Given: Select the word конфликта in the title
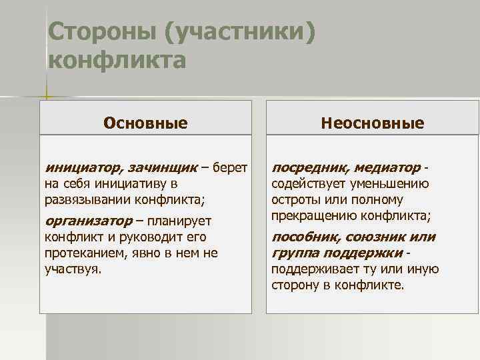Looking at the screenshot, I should pos(117,61).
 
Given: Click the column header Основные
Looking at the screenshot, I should pos(145,123).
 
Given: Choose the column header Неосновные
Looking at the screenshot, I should pos(372,123).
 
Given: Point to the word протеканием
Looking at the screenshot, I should pos(82,254).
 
